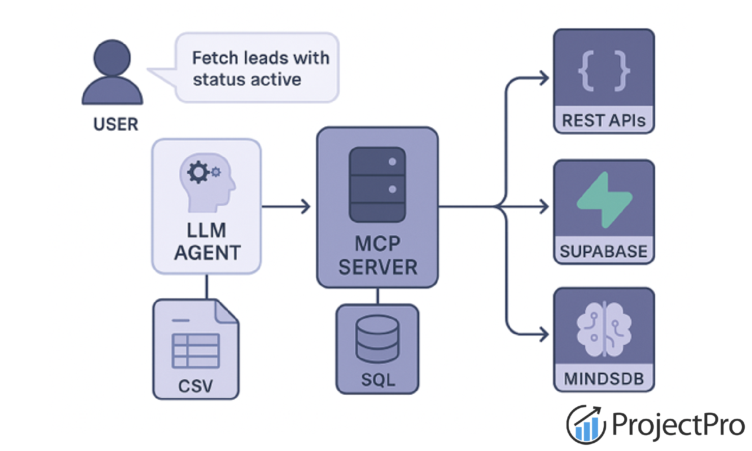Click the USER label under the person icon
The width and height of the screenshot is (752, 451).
pos(115,124)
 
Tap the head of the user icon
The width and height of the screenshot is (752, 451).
pos(112,58)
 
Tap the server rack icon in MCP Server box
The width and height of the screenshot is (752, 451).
pos(377,184)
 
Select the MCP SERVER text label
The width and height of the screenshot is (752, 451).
pos(377,255)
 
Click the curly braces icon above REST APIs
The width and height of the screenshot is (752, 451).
pos(604,71)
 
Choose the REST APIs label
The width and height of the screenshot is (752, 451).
pos(604,121)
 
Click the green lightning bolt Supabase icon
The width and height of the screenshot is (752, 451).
pos(604,200)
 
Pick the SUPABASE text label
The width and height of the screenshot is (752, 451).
pos(604,251)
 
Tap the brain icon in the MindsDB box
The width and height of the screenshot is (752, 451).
pos(604,329)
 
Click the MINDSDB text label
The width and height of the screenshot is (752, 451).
pos(604,379)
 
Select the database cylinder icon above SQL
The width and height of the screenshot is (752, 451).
pos(377,338)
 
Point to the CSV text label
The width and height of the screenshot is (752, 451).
pos(196,386)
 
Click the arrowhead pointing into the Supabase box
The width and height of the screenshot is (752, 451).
pos(544,207)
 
